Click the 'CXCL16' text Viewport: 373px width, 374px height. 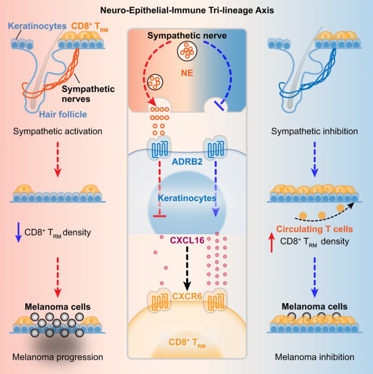point(187,239)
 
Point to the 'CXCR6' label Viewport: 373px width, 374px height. point(187,295)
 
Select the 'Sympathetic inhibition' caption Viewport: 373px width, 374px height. point(314,132)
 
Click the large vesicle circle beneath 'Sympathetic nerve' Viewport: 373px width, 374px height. point(187,52)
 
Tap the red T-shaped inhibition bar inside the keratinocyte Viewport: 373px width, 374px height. point(159,216)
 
